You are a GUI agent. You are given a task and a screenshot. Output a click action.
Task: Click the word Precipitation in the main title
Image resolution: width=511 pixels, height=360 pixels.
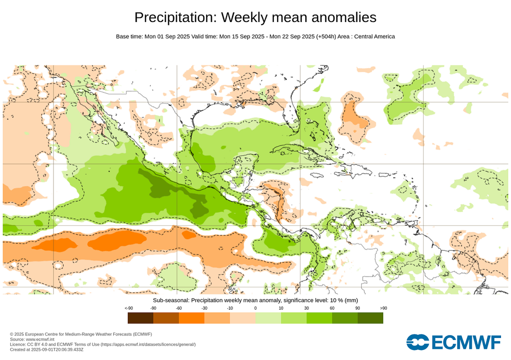click(x=175, y=17)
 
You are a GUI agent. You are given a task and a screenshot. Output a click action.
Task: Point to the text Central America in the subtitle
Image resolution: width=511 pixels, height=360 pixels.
click(x=374, y=36)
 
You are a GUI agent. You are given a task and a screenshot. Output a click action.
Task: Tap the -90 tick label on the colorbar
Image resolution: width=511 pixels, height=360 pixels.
click(x=153, y=308)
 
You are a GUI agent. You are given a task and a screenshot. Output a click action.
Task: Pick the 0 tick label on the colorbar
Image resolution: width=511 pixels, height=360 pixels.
click(x=255, y=308)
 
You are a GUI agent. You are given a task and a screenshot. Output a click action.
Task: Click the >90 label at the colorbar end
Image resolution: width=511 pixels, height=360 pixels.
click(x=383, y=308)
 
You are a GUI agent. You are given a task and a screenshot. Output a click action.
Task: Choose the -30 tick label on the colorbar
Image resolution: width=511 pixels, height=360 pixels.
click(x=204, y=308)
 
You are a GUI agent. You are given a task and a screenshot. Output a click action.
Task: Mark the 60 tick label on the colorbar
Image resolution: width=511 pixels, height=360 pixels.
click(x=332, y=308)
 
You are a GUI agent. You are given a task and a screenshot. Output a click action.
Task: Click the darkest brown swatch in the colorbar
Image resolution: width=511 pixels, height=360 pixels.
click(x=140, y=318)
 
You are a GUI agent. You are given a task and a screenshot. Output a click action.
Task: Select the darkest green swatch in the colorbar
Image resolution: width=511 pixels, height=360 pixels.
click(x=370, y=318)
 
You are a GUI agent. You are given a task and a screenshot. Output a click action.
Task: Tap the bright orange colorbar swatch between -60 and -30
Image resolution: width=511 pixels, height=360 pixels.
click(x=192, y=318)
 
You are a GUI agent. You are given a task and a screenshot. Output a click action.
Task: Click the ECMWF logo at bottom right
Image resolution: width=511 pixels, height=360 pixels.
click(x=454, y=342)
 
